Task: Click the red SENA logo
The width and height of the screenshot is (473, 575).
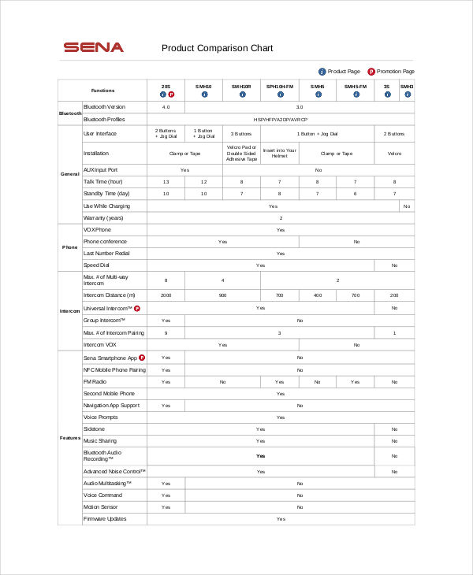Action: (x=94, y=47)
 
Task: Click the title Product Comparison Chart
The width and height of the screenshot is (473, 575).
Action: (x=217, y=48)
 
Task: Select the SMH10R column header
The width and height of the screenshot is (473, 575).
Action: (x=242, y=86)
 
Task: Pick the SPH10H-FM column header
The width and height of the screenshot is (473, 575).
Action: (x=280, y=86)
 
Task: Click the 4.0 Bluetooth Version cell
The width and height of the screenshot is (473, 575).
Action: (x=166, y=106)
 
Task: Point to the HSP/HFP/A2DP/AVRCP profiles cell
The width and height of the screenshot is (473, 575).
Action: (x=280, y=119)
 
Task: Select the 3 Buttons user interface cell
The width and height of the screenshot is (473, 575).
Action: (x=242, y=134)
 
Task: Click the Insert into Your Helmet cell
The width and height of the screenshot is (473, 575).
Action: (x=280, y=154)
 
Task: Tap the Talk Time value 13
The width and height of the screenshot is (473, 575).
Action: (x=166, y=181)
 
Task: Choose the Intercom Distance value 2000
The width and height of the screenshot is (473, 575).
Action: (x=166, y=295)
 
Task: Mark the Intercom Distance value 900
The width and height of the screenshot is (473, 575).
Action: (x=223, y=295)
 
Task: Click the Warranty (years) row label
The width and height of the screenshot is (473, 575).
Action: (x=102, y=217)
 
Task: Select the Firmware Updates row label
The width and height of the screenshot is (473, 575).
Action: (x=105, y=518)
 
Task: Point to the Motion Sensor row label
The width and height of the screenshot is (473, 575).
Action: (x=100, y=507)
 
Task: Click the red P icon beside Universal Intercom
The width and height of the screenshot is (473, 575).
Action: (x=136, y=308)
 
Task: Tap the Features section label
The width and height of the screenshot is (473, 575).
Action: (x=69, y=437)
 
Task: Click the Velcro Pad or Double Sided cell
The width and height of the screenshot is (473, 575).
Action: (x=242, y=154)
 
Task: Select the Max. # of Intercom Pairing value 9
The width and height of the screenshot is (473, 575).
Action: (x=166, y=332)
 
